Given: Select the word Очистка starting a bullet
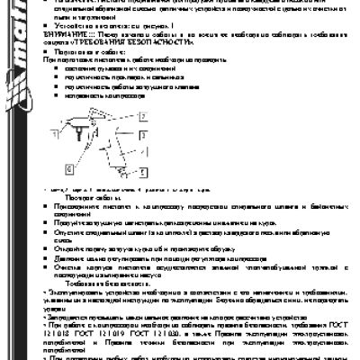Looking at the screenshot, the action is point(76,265).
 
